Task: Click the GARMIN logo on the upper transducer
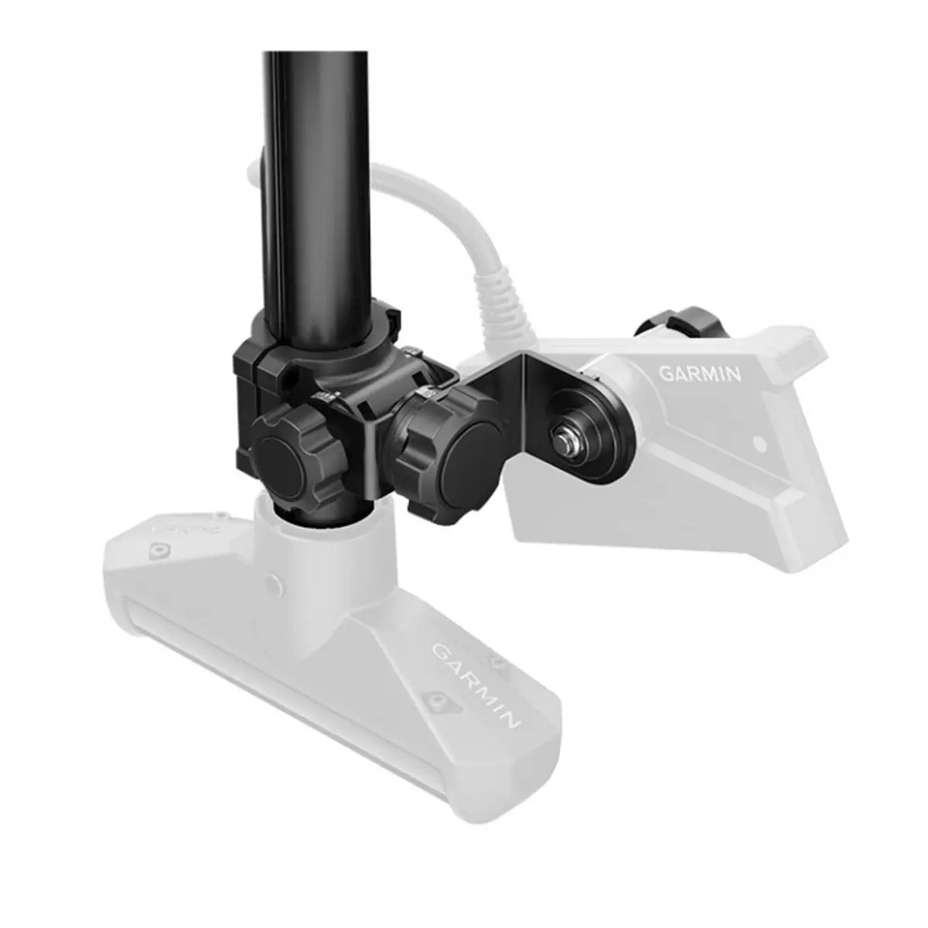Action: pyautogui.click(x=699, y=374)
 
